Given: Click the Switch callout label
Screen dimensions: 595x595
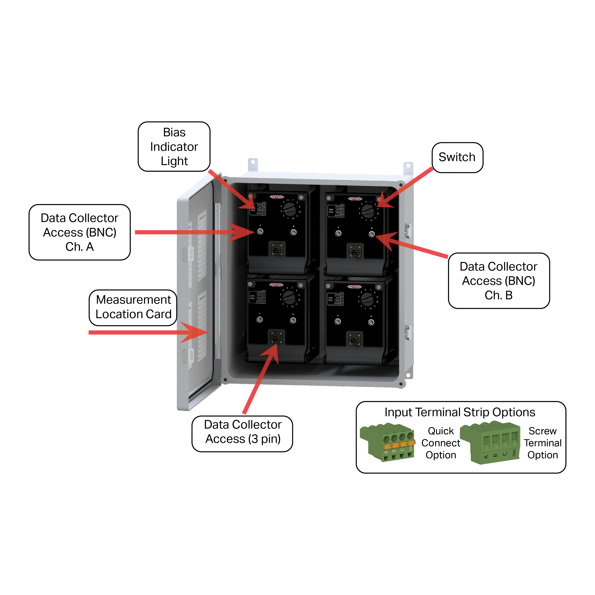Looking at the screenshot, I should click(457, 157).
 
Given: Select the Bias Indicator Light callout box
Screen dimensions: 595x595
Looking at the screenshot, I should click(174, 147).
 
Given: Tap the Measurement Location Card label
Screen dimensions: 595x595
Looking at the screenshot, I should click(133, 307).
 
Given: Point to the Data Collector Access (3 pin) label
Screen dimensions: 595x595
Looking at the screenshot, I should click(242, 432).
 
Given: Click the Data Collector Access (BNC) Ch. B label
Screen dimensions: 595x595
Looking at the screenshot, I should click(499, 281).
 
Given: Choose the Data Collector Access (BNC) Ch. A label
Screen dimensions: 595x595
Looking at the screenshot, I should click(79, 232).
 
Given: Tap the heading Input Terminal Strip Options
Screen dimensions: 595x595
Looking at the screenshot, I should click(460, 412).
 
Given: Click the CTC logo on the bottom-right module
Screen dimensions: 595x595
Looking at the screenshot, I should click(355, 287).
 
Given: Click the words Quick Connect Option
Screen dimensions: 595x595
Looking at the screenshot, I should click(441, 443).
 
